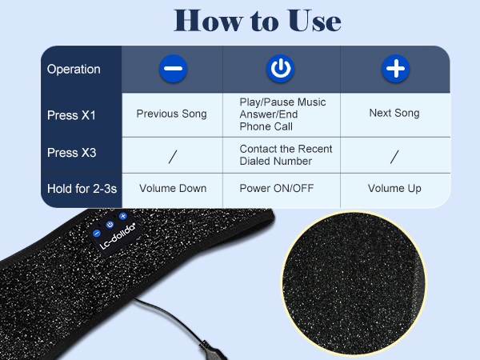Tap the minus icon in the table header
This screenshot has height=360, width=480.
tap(172, 69)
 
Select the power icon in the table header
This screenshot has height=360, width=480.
tap(280, 69)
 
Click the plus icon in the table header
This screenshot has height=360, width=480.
tap(394, 69)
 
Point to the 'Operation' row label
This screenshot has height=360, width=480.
tap(74, 70)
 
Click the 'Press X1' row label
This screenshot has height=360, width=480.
tap(71, 114)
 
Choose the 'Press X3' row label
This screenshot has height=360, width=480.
tap(71, 153)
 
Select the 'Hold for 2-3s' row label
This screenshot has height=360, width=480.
tap(81, 189)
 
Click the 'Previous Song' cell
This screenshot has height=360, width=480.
tap(171, 114)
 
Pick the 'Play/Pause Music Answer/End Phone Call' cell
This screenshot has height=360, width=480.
tap(282, 114)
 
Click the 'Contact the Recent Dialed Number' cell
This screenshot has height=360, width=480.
tap(286, 154)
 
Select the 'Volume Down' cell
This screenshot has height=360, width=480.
tap(173, 189)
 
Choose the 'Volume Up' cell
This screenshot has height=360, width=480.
tap(394, 189)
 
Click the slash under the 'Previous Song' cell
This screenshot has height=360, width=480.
tap(172, 156)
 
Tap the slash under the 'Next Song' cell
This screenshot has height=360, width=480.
tap(394, 156)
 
